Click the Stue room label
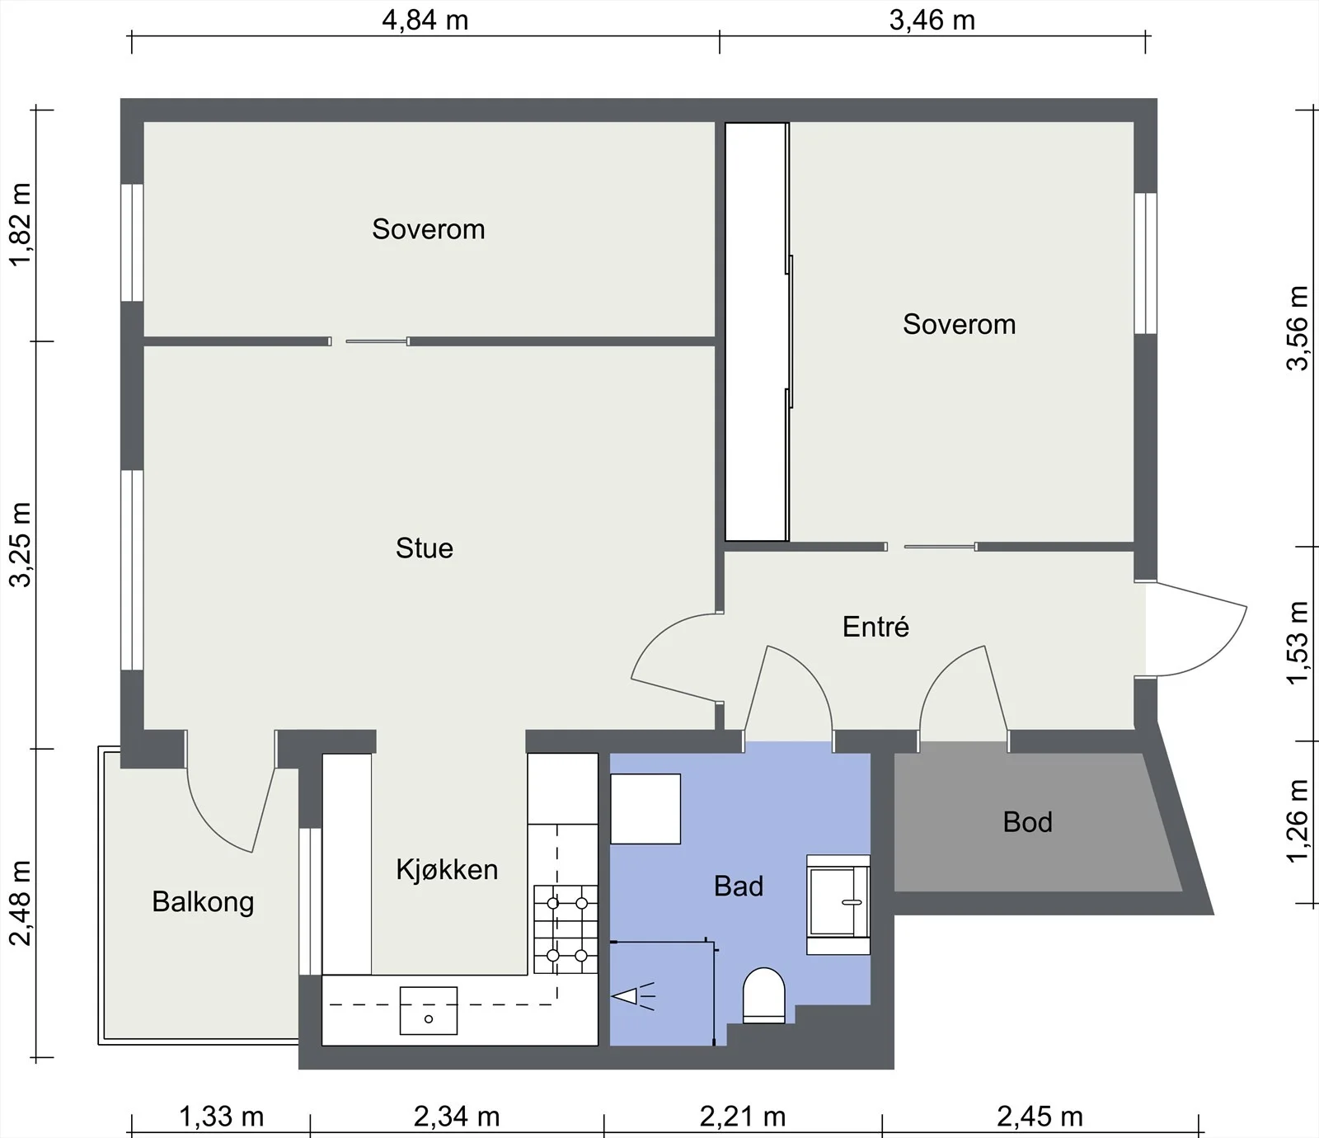pyautogui.click(x=425, y=548)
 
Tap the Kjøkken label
pyautogui.click(x=447, y=870)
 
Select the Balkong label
pyautogui.click(x=203, y=902)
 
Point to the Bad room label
pyautogui.click(x=739, y=886)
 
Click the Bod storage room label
pyautogui.click(x=1028, y=822)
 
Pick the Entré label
pyautogui.click(x=875, y=627)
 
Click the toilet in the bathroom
pyautogui.click(x=764, y=995)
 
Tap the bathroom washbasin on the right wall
pyautogui.click(x=838, y=905)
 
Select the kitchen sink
pyautogui.click(x=429, y=1010)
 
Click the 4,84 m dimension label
pyautogui.click(x=425, y=20)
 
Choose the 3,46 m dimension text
pyautogui.click(x=932, y=20)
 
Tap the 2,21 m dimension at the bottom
pyautogui.click(x=743, y=1117)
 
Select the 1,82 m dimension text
pyautogui.click(x=20, y=224)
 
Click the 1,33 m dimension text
pyautogui.click(x=222, y=1117)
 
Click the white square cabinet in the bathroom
pyautogui.click(x=645, y=809)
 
